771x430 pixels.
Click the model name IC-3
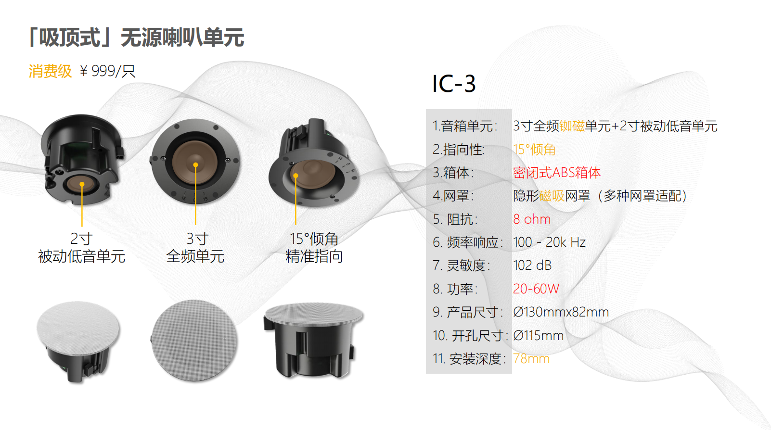click(454, 84)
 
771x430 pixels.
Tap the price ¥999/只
click(107, 71)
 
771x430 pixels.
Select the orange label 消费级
click(50, 71)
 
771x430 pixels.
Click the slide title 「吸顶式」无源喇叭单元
click(136, 37)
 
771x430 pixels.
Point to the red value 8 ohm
click(532, 219)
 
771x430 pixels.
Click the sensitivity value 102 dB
click(532, 266)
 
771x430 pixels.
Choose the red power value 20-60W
click(536, 289)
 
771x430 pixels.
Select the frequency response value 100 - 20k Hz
click(549, 242)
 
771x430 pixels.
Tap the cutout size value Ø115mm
click(539, 335)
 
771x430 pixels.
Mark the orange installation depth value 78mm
click(531, 359)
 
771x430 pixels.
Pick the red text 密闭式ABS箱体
click(557, 173)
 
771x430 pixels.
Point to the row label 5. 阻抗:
click(455, 219)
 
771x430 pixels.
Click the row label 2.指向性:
click(459, 150)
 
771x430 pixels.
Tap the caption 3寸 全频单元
click(195, 248)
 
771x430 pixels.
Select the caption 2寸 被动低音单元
click(81, 248)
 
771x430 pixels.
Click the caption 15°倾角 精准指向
click(314, 248)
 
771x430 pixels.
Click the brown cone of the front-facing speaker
click(195, 161)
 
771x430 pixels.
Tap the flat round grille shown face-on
click(194, 340)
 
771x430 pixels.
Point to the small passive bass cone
click(81, 184)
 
